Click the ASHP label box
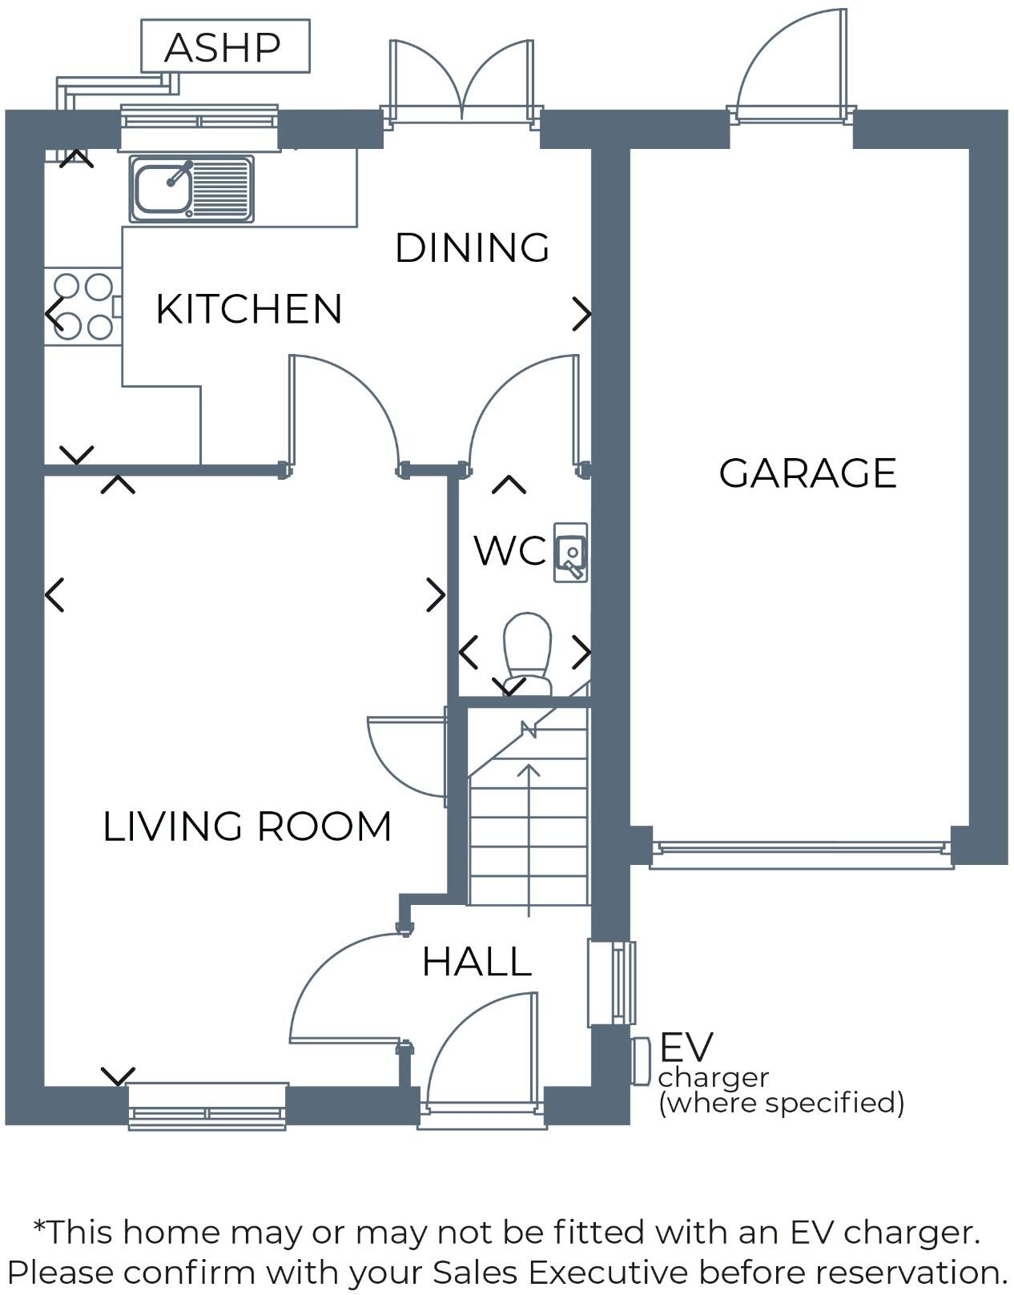(x=225, y=46)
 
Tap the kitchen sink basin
(x=163, y=188)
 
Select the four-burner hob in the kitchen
(x=82, y=306)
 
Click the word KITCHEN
(x=248, y=309)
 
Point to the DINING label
(x=472, y=247)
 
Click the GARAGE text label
(x=807, y=473)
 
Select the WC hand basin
(x=571, y=553)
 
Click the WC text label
(x=509, y=551)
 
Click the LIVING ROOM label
(x=247, y=826)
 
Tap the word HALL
(x=477, y=962)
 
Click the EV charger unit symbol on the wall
(x=640, y=1060)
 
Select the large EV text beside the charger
(x=686, y=1047)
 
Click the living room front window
(x=207, y=1106)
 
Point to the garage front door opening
(x=802, y=854)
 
